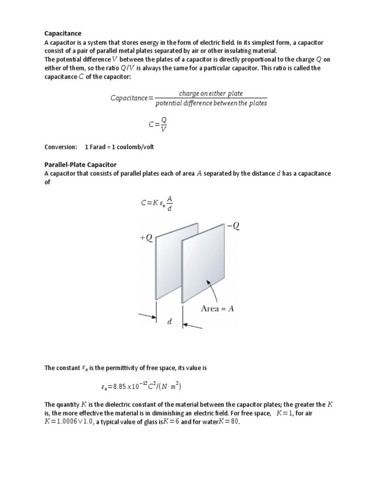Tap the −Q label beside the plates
pos(234,226)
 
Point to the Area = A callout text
pos(217,309)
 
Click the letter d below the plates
pos(170,321)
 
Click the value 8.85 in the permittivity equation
pos(121,386)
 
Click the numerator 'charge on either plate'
pos(211,93)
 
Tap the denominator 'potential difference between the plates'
pos(211,103)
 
